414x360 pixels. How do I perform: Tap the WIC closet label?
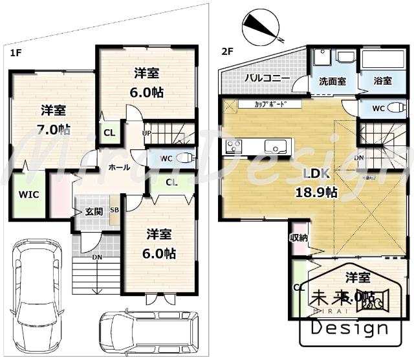point(28,193)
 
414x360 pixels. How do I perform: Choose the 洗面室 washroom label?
point(332,81)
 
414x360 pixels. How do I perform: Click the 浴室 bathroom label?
point(382,81)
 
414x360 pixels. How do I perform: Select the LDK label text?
point(317,173)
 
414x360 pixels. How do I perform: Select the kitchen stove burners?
point(233,146)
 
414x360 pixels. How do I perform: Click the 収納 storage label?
point(298,238)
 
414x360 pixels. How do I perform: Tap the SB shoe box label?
point(114,209)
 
